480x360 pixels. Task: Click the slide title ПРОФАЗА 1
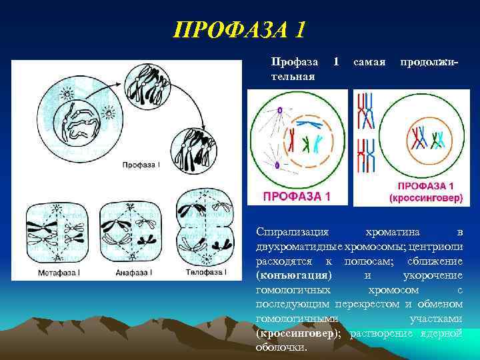[239, 30]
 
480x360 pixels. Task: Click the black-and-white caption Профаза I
[141, 164]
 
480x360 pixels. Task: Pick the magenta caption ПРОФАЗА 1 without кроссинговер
[297, 196]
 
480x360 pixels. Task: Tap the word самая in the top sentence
[369, 62]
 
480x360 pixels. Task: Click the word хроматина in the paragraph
[393, 232]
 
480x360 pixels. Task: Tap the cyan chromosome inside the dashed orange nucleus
[317, 143]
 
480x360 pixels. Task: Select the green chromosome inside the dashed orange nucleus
[305, 145]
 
